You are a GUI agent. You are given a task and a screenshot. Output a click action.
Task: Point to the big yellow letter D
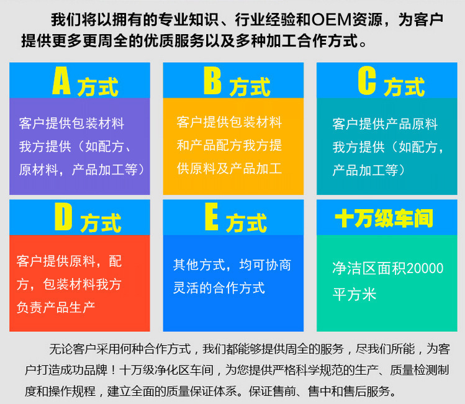tap(63, 217)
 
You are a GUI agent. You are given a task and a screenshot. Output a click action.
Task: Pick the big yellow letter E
tap(211, 217)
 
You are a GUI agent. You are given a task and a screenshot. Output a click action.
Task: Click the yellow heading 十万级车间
tap(384, 218)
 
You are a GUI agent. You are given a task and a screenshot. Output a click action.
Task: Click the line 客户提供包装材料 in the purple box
tap(71, 123)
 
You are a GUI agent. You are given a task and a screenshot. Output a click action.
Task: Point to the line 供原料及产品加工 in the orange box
tap(229, 168)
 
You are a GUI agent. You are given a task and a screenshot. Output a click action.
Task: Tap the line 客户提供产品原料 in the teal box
tap(385, 123)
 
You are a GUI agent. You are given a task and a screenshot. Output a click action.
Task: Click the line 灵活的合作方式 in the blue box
tap(219, 288)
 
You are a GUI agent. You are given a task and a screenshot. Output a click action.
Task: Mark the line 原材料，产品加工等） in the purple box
tap(82, 169)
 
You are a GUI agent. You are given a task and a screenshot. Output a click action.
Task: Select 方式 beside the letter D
tap(100, 222)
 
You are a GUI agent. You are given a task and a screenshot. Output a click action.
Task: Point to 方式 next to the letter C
tap(404, 86)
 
